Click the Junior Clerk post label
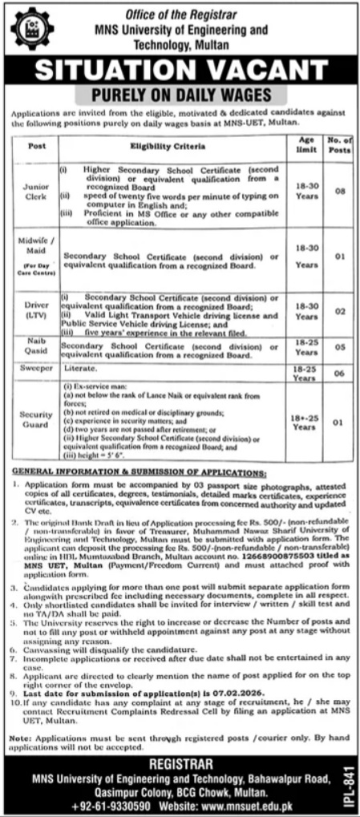[x=36, y=192]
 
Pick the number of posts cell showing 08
[x=339, y=192]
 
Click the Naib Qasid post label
[x=36, y=347]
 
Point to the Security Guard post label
[x=36, y=419]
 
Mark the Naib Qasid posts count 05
[x=339, y=347]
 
